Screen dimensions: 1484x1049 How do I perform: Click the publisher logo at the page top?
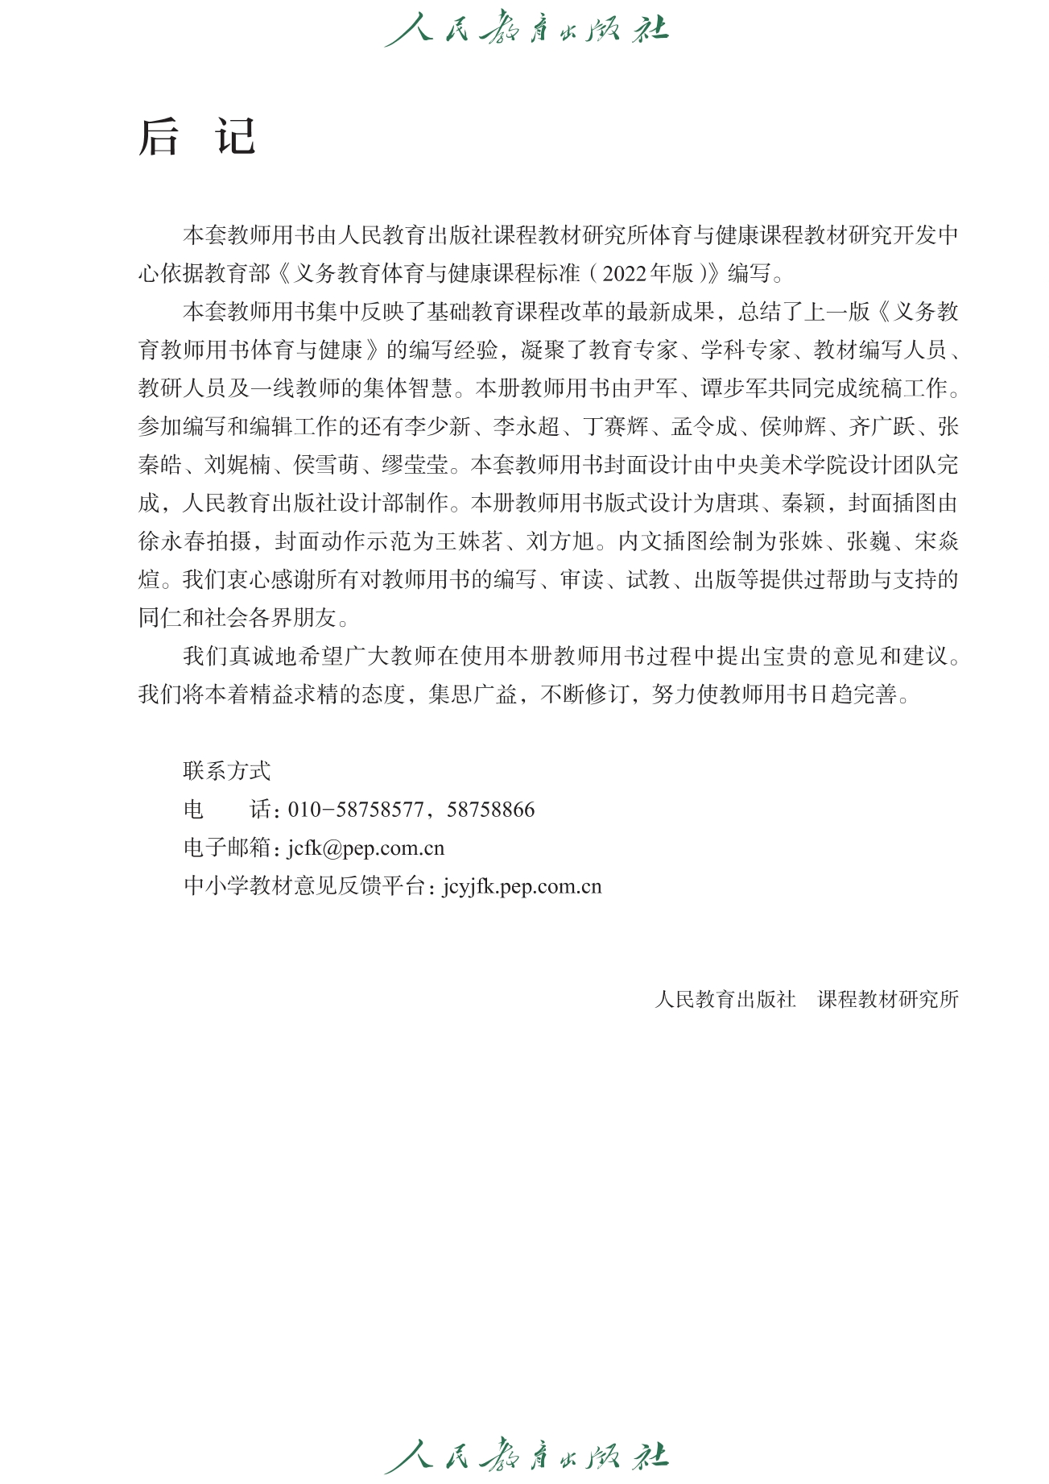tap(526, 29)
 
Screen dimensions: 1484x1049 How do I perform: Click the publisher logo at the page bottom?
tap(526, 1455)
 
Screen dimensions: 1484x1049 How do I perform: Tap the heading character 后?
tap(159, 137)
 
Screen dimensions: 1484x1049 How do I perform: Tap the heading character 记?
tap(235, 137)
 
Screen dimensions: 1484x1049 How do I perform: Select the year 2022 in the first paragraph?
tap(624, 274)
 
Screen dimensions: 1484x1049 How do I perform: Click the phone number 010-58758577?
tap(356, 810)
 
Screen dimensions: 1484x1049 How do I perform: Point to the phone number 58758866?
tap(491, 810)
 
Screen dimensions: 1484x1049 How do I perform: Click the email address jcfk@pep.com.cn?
tap(366, 848)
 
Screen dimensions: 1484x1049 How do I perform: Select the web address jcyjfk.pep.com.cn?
tap(522, 887)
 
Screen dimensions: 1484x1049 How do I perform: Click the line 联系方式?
tap(227, 771)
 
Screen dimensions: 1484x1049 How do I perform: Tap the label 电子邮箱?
tap(228, 848)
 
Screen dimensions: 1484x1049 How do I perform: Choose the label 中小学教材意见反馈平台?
tap(304, 887)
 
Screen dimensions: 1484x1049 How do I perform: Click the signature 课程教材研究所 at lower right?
tap(888, 1000)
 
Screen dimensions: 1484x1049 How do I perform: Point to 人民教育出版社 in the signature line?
tap(725, 1000)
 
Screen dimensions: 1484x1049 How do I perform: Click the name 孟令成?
tap(704, 427)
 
